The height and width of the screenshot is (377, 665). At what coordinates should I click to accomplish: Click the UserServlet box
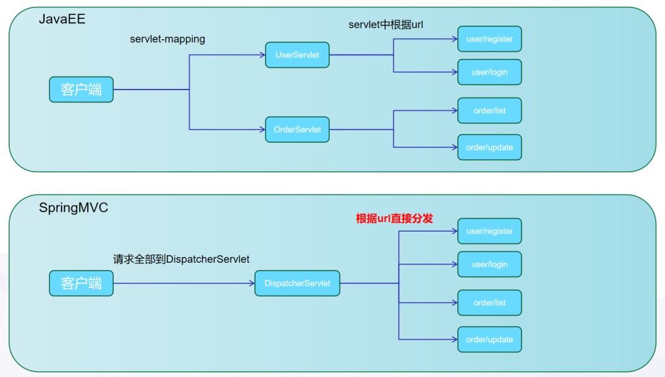297,55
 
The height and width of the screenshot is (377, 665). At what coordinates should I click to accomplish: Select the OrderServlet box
297,130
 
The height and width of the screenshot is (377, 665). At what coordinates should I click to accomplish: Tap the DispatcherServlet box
297,284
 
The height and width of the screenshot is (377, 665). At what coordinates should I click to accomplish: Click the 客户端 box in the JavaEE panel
81,90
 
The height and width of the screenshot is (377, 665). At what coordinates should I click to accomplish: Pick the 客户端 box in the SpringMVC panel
81,284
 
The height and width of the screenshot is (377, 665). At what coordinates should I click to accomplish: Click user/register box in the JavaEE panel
490,39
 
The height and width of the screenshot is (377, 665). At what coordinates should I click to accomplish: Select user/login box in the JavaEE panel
490,72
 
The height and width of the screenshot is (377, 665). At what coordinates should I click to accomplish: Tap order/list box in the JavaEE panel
490,110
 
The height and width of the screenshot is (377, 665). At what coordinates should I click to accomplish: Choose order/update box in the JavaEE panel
490,147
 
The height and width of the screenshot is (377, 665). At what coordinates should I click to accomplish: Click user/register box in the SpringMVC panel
490,231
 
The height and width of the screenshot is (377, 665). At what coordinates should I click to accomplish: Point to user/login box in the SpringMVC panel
490,264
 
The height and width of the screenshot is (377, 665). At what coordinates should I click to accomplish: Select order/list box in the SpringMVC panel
490,303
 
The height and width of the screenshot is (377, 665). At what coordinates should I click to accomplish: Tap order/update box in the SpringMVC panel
490,340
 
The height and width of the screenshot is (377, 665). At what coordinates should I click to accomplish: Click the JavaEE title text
62,19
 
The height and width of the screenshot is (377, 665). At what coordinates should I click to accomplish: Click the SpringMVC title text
73,208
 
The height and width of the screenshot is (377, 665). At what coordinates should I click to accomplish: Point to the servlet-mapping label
168,39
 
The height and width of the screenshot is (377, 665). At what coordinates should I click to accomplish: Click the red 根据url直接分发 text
394,219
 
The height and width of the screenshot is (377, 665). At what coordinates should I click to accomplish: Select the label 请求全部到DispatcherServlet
181,260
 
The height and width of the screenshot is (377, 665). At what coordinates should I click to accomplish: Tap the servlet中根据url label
386,25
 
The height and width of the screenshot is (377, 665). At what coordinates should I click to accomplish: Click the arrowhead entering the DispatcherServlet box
252,284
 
